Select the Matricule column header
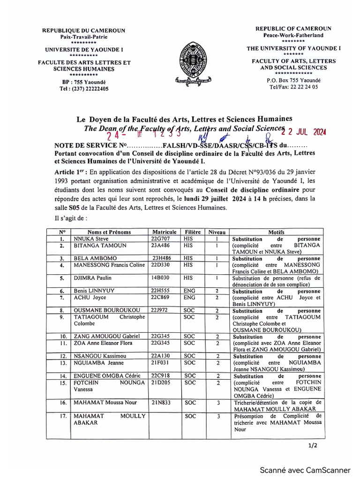coord(164,232)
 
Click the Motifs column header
coord(276,232)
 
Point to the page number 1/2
coord(312,446)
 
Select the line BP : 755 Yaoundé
coord(84,82)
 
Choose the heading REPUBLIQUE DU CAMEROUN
coord(84,30)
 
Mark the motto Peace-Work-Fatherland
coord(293,35)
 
